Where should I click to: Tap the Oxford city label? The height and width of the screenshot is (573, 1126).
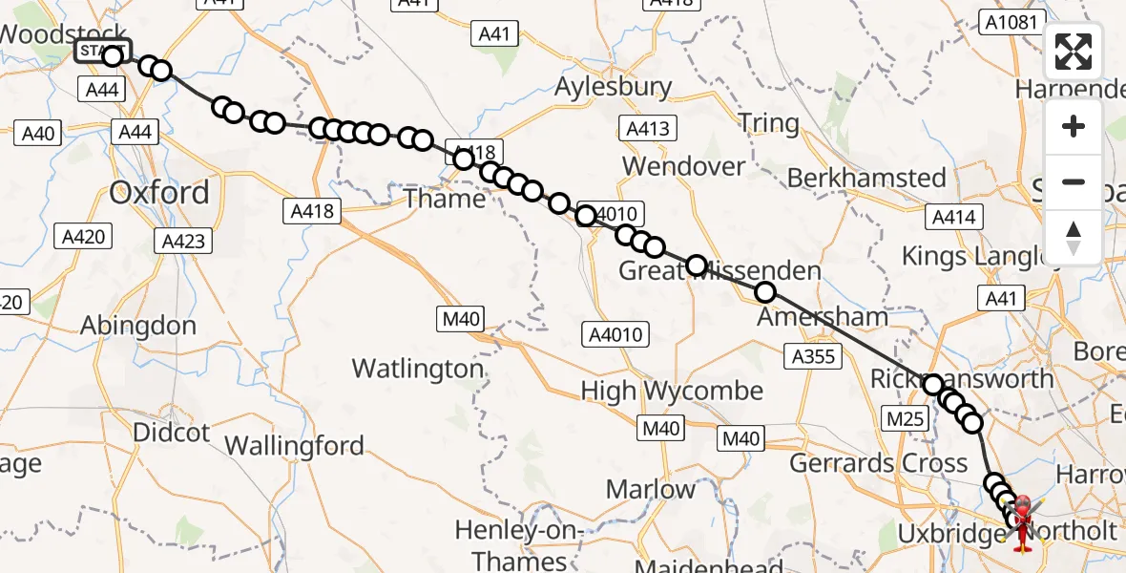point(158,193)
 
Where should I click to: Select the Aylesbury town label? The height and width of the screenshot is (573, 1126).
point(614,87)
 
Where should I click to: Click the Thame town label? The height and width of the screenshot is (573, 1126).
point(445,199)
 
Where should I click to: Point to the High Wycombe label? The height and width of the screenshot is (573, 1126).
point(672,391)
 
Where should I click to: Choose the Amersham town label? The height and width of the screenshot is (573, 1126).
point(822,316)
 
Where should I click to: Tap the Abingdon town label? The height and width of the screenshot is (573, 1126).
point(138,326)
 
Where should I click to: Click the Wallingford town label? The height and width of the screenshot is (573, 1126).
point(294,446)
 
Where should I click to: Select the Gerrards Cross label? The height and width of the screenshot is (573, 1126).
point(879,464)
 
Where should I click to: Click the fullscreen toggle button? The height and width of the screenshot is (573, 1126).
point(1074,52)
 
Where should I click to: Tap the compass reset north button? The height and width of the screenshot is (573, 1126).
point(1074,238)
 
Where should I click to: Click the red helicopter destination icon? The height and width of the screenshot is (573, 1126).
point(1022,520)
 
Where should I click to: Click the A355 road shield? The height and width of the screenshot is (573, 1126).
point(812,357)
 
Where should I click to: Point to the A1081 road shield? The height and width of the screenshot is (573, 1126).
point(1009,21)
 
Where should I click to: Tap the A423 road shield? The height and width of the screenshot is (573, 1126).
point(184,241)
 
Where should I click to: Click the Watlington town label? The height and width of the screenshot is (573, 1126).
point(417,369)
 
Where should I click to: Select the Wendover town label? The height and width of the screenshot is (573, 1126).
point(683,166)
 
